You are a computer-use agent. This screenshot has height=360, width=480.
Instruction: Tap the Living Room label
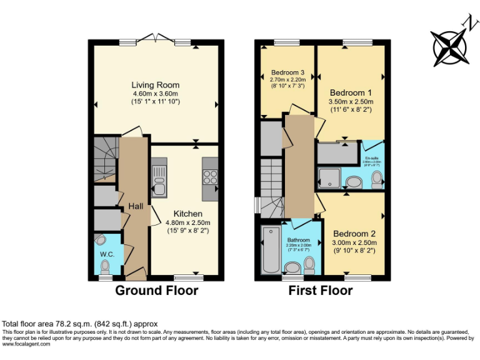155,85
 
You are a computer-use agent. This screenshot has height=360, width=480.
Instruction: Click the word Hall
136,206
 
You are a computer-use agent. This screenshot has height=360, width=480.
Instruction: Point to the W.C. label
104,254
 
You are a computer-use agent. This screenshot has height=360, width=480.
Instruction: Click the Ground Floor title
156,291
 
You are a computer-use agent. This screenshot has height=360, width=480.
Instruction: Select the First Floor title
321,291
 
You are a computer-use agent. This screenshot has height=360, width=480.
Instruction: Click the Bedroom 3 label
287,72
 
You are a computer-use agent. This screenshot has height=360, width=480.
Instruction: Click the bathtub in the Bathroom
271,250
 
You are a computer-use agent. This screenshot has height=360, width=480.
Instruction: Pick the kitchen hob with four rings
209,177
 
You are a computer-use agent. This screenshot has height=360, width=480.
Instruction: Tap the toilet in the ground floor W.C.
104,267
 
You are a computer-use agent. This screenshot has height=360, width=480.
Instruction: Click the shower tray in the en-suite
329,177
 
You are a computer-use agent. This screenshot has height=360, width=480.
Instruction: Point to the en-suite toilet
376,180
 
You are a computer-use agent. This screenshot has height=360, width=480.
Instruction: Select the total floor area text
80,324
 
